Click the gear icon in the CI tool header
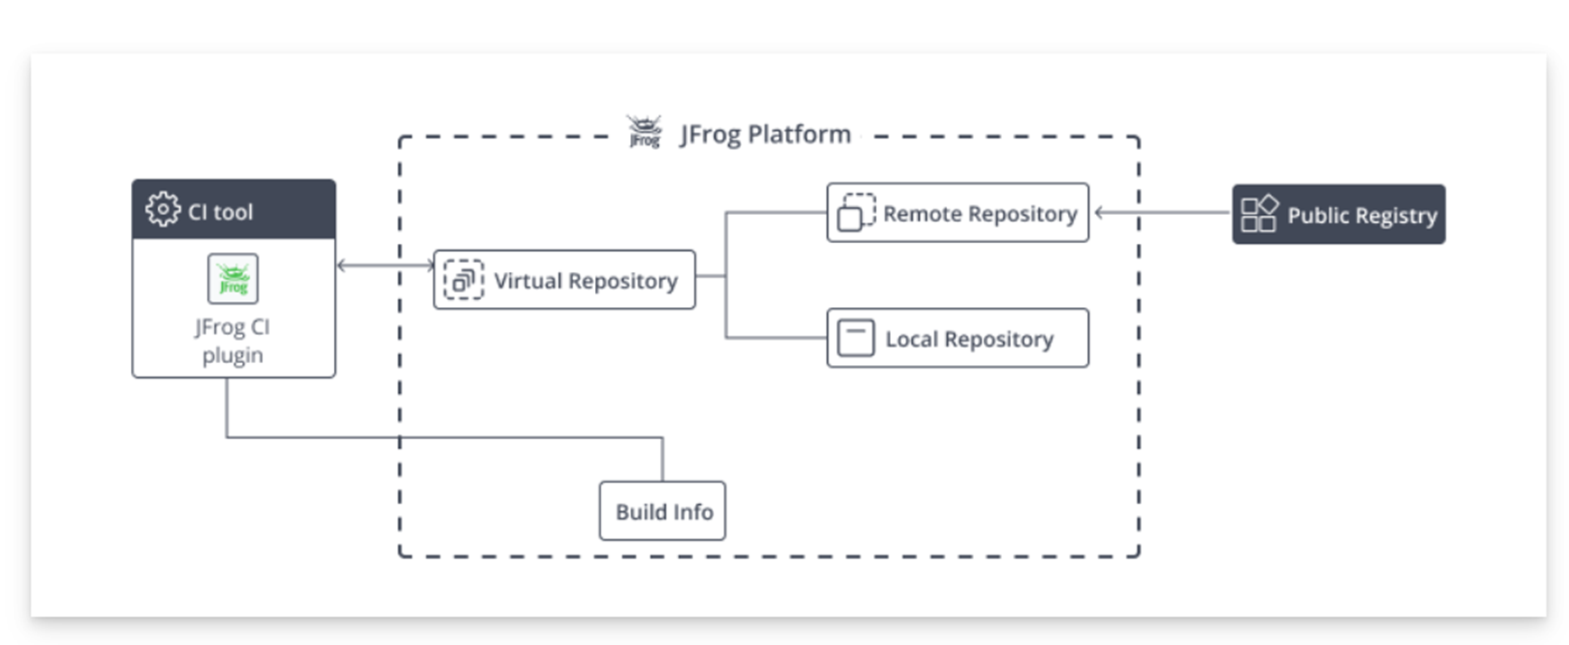click(x=162, y=209)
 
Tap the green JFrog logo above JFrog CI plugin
click(x=233, y=278)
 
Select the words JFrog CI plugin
click(x=232, y=341)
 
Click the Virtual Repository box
click(x=564, y=280)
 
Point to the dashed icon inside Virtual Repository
click(x=463, y=280)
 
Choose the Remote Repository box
click(x=958, y=213)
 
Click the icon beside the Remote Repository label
click(x=856, y=213)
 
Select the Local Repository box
click(x=958, y=338)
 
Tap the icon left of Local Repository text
click(x=856, y=338)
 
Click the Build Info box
click(x=663, y=511)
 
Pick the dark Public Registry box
click(x=1339, y=214)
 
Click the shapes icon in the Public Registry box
click(x=1259, y=214)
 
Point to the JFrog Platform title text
click(x=766, y=135)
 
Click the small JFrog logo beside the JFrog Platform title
click(x=645, y=132)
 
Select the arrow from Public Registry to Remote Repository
click(x=1163, y=213)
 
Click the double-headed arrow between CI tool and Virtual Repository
click(x=385, y=266)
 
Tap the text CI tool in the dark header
click(x=220, y=212)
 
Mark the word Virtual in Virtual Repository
click(x=528, y=281)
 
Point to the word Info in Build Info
click(x=692, y=512)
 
